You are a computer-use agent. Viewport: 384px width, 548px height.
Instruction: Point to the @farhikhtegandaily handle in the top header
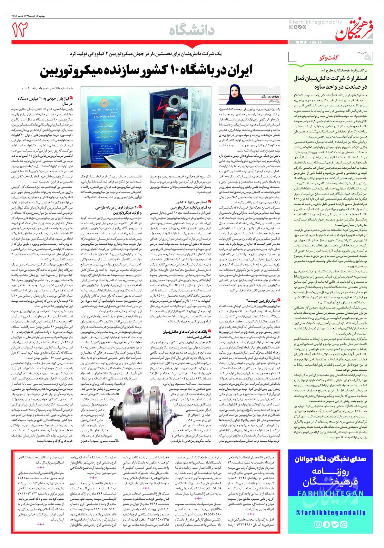(307, 21)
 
